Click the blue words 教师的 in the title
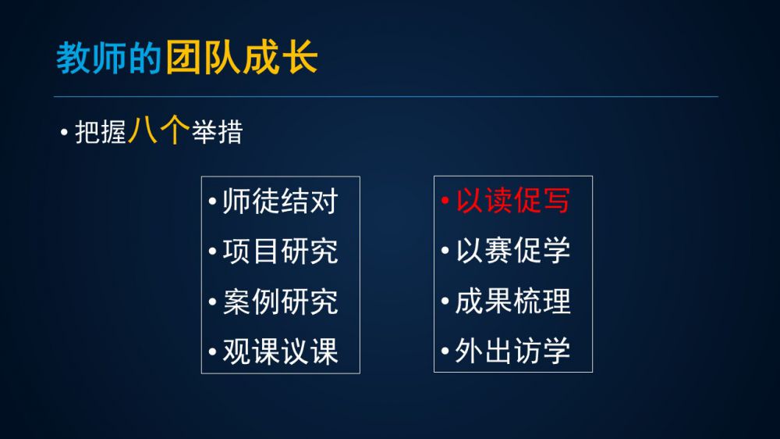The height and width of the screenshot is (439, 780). click(108, 58)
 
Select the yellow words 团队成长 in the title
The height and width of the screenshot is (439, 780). click(242, 57)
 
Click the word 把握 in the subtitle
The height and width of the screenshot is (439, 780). click(101, 133)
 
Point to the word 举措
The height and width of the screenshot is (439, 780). click(218, 133)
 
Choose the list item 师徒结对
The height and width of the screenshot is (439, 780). click(281, 201)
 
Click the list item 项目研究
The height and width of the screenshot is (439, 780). click(281, 251)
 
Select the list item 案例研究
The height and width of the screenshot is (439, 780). click(281, 301)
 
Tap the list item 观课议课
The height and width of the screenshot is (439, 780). click(281, 352)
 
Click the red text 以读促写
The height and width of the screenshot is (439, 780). click(513, 200)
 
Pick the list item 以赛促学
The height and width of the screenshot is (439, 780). click(513, 250)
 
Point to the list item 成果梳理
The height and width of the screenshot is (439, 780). click(513, 301)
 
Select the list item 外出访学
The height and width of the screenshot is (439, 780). click(513, 350)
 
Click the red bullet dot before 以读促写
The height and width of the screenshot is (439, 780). click(445, 201)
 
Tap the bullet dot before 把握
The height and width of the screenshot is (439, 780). click(64, 133)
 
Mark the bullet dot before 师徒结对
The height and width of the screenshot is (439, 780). click(212, 202)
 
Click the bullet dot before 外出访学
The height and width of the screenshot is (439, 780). click(445, 351)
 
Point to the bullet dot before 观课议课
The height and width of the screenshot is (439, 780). click(212, 352)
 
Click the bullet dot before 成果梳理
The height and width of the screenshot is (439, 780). click(445, 301)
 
